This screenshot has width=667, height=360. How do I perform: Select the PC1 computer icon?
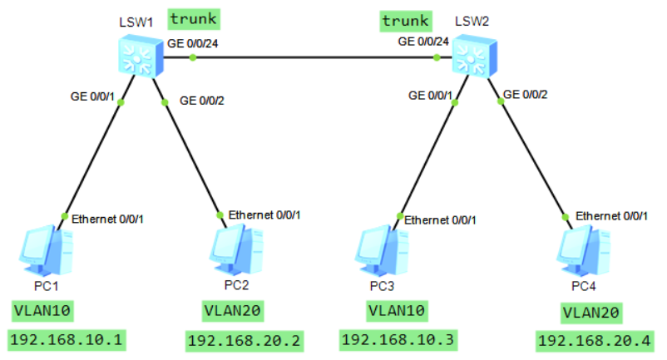pos(47,249)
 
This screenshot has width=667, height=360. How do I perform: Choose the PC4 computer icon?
pos(581,249)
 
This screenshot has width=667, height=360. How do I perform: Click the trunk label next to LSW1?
pos(194,17)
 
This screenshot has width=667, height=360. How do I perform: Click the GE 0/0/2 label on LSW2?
pos(526,94)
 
